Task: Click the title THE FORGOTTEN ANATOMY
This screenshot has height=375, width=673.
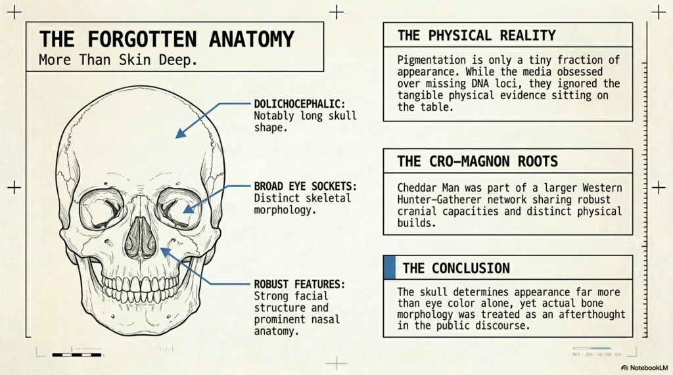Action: pyautogui.click(x=166, y=39)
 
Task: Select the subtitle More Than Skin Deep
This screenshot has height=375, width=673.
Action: pyautogui.click(x=118, y=60)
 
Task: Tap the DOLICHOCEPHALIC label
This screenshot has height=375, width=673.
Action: pyautogui.click(x=300, y=104)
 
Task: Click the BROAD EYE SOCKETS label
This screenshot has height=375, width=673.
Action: pyautogui.click(x=305, y=187)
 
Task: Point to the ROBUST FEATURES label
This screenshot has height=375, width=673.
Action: pyautogui.click(x=300, y=284)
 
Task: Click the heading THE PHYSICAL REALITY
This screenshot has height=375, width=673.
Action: pyautogui.click(x=476, y=35)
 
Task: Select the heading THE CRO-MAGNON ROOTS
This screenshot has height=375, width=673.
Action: pyautogui.click(x=477, y=162)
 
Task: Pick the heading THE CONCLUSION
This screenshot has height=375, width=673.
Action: pyautogui.click(x=456, y=268)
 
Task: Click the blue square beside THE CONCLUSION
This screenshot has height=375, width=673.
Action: pyautogui.click(x=390, y=267)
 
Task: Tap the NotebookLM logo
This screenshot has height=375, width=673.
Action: pyautogui.click(x=645, y=368)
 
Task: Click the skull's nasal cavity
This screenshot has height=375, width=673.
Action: pyautogui.click(x=141, y=238)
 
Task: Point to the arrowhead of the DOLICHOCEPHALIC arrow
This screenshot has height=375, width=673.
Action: pyautogui.click(x=181, y=133)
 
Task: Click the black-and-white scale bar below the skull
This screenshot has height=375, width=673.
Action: pyautogui.click(x=77, y=355)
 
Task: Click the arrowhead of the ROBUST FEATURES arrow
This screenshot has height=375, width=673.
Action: pyautogui.click(x=166, y=253)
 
